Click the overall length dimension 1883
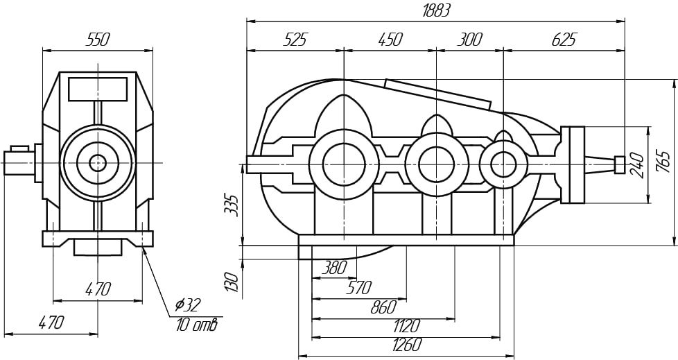(x=436, y=11)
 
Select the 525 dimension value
(x=295, y=40)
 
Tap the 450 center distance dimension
(x=390, y=40)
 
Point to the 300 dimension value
(x=469, y=40)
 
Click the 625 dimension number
(x=564, y=40)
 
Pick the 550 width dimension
(x=98, y=40)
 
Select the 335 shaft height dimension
(x=232, y=205)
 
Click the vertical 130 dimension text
(x=232, y=282)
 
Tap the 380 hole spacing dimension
(x=334, y=268)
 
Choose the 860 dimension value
(x=383, y=307)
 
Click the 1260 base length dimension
(x=406, y=345)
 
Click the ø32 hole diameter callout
(x=188, y=305)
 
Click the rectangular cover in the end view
(x=98, y=89)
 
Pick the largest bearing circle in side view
(x=344, y=164)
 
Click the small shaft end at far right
(x=620, y=164)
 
